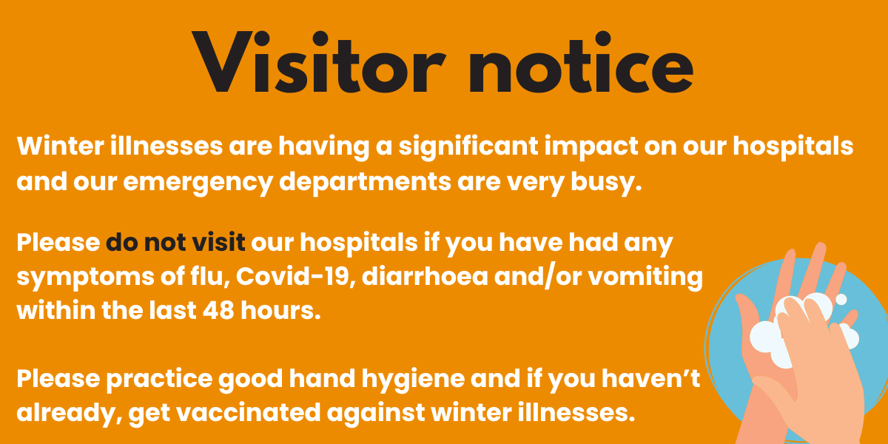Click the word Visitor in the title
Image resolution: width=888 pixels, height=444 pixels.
tap(319, 62)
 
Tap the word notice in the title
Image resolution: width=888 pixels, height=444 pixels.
tap(581, 62)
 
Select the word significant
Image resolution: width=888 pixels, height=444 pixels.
tap(468, 147)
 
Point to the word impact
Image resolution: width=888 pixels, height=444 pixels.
tap(591, 147)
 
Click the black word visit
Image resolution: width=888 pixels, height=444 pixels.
tap(218, 242)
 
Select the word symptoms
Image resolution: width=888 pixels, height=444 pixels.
tap(85, 277)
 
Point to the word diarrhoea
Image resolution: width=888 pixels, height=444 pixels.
tap(425, 276)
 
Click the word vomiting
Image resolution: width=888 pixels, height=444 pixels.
tap(645, 277)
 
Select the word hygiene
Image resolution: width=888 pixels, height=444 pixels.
tap(413, 380)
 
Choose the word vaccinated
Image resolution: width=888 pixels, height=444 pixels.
tap(248, 412)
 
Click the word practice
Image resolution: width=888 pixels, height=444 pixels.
tap(159, 380)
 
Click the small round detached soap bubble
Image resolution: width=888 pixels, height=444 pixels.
tap(841, 299)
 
